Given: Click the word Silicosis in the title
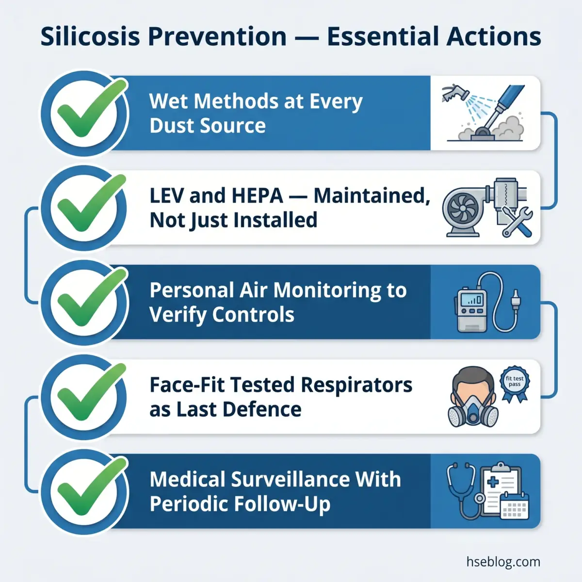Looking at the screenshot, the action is click(90, 36).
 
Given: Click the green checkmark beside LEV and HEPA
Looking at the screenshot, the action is click(91, 203).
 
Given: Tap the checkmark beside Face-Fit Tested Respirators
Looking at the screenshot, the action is click(91, 392).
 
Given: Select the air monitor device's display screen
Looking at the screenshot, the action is click(472, 300).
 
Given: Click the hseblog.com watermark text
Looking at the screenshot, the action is click(503, 562).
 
